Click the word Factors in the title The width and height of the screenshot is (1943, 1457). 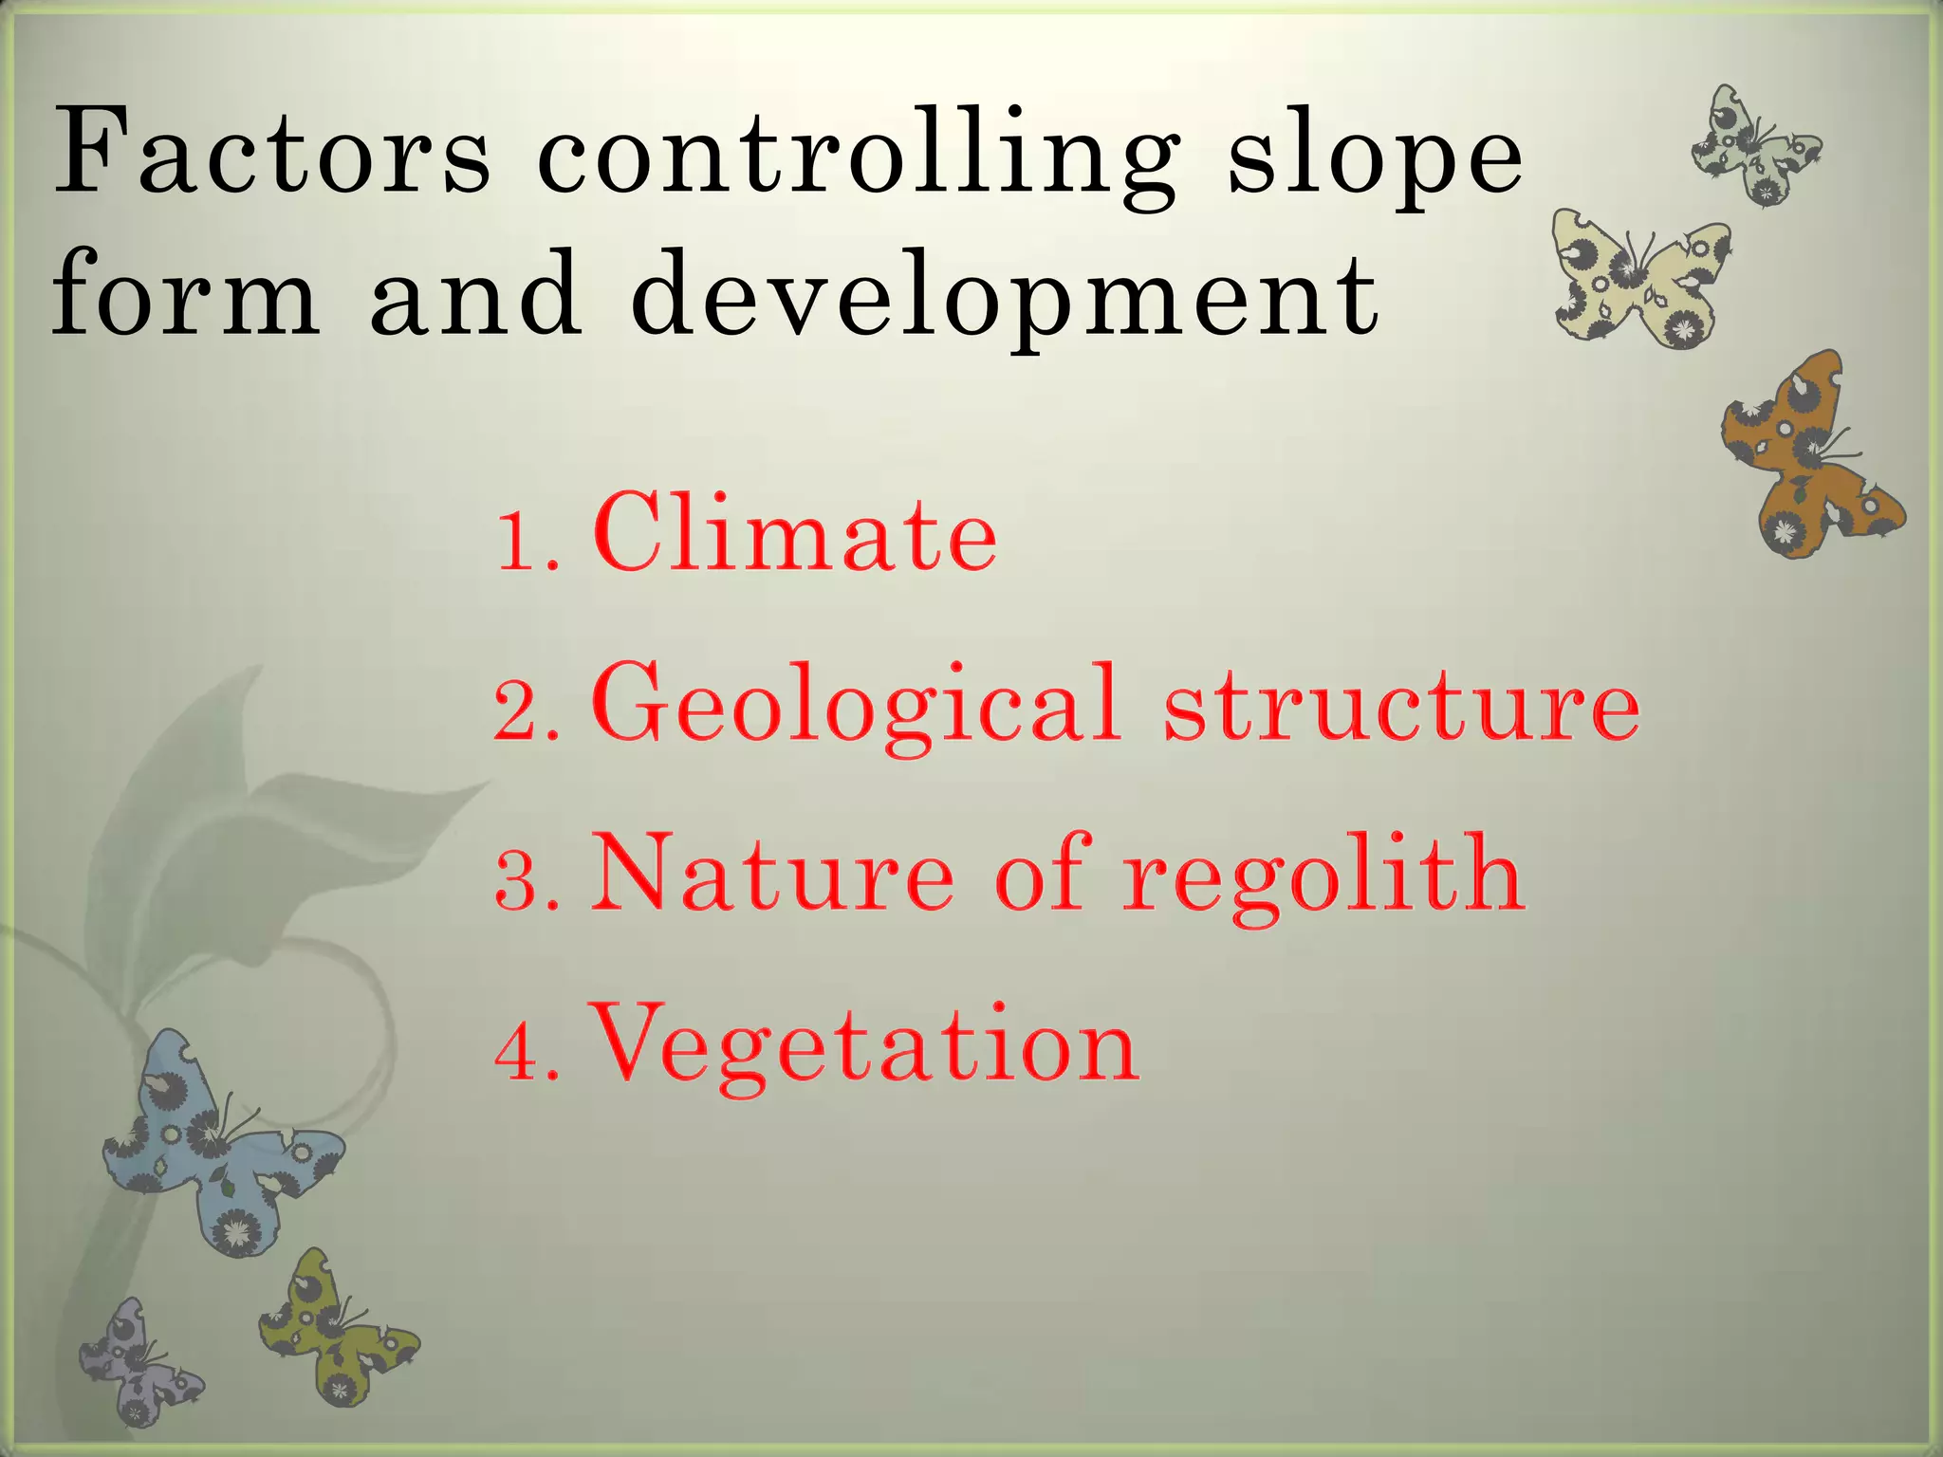272,152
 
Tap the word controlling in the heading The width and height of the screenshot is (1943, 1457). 859,157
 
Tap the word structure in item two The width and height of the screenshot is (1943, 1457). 1402,707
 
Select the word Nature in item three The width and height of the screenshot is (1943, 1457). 773,873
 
